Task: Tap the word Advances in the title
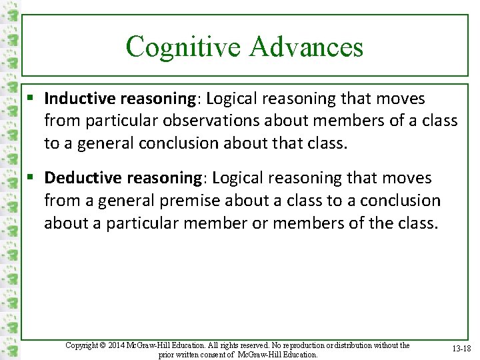[307, 47]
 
